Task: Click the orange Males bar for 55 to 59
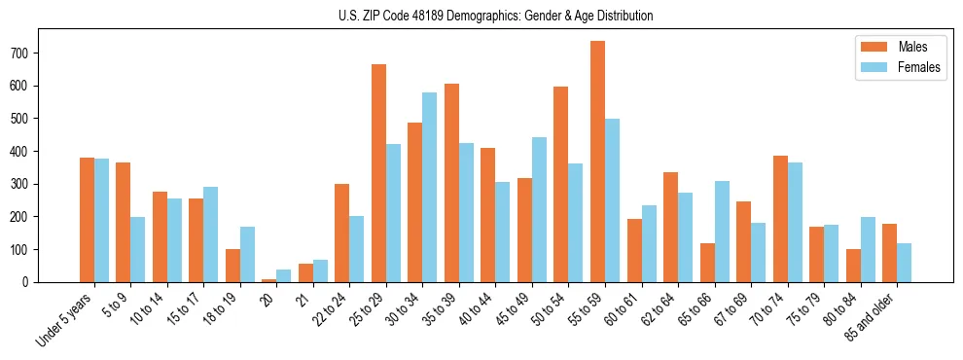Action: [x=597, y=162]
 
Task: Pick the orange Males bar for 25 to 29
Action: [x=378, y=173]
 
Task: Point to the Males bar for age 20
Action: [x=268, y=280]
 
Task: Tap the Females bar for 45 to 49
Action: [x=539, y=209]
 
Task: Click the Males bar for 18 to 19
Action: [x=232, y=266]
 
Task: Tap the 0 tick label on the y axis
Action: [x=59, y=282]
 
